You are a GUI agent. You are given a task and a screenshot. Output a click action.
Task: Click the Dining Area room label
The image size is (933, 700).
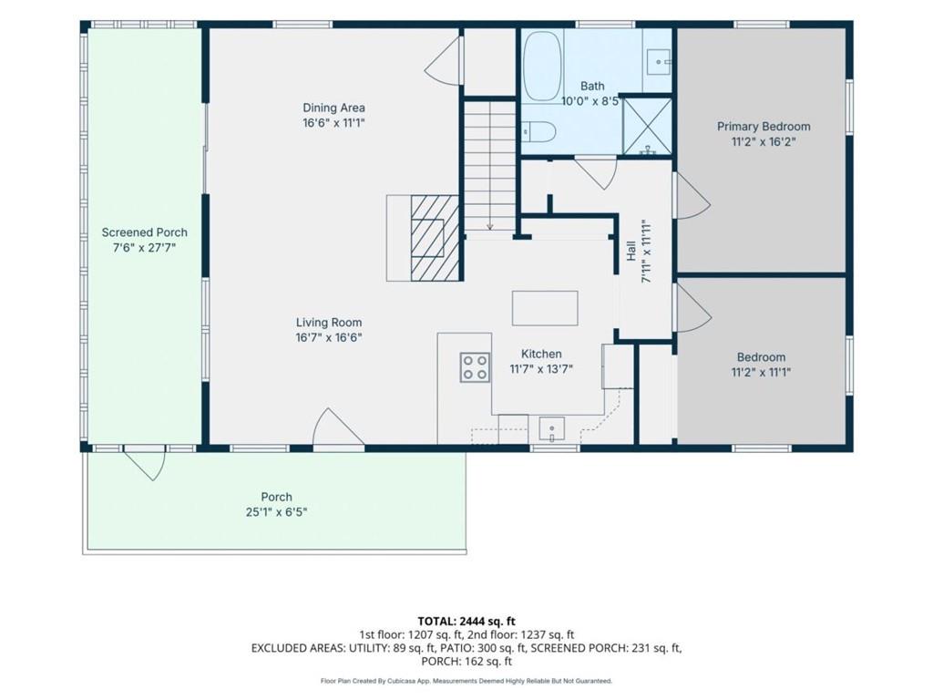[333, 108]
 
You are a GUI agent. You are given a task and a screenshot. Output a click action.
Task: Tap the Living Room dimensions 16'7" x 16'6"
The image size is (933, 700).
[329, 338]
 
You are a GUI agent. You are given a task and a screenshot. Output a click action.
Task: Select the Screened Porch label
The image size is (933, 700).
[145, 232]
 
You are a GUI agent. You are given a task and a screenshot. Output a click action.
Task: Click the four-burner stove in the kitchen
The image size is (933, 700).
[475, 366]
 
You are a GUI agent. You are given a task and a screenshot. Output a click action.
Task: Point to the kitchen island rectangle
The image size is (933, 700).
[545, 308]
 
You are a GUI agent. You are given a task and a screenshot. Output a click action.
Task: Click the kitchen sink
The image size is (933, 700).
[552, 428]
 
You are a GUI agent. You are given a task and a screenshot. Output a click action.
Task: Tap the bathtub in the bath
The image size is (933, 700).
[543, 66]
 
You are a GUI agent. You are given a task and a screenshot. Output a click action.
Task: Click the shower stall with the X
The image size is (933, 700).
[648, 127]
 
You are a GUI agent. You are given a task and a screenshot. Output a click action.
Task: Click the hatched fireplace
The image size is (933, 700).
[435, 238]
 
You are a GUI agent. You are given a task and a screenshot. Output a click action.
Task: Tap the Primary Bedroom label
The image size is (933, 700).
[764, 126]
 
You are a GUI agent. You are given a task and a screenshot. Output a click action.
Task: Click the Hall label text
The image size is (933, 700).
[631, 252]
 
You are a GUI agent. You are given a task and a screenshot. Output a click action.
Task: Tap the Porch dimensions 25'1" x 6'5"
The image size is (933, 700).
[277, 512]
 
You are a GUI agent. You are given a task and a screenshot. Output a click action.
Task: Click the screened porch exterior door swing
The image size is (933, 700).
[145, 462]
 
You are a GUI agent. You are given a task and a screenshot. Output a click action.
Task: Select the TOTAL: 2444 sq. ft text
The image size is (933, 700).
[466, 622]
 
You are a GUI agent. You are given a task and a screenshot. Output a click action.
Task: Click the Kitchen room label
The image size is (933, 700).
[541, 354]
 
